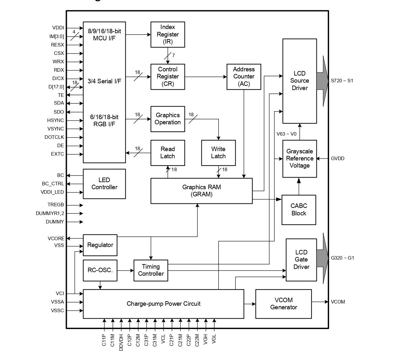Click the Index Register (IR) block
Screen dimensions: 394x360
pyautogui.click(x=167, y=35)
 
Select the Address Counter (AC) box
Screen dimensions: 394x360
pyautogui.click(x=244, y=77)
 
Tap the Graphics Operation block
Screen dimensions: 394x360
pyautogui.click(x=167, y=119)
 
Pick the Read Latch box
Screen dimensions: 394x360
pyautogui.click(x=167, y=153)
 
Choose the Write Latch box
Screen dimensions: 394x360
pyautogui.click(x=218, y=153)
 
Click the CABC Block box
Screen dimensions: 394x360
pyautogui.click(x=299, y=210)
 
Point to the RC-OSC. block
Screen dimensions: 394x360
pyautogui.click(x=100, y=270)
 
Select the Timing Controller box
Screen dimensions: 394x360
pyautogui.click(x=151, y=270)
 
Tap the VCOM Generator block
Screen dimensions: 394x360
pyautogui.click(x=283, y=304)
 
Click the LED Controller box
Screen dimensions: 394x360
pyautogui.click(x=104, y=184)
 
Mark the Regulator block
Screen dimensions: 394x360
pyautogui.click(x=100, y=245)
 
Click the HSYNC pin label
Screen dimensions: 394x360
pyautogui.click(x=55, y=120)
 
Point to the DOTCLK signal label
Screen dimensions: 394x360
pyautogui.click(x=54, y=137)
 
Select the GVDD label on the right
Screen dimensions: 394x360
pyautogui.click(x=337, y=159)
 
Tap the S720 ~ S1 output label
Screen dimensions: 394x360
pyautogui.click(x=342, y=81)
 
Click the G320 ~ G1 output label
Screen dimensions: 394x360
pyautogui.click(x=342, y=258)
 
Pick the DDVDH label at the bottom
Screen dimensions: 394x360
pyautogui.click(x=121, y=342)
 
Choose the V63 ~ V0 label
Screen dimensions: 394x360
pyautogui.click(x=286, y=134)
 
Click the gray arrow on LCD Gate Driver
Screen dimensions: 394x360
pyautogui.click(x=322, y=258)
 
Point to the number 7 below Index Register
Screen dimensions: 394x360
pyautogui.click(x=174, y=55)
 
